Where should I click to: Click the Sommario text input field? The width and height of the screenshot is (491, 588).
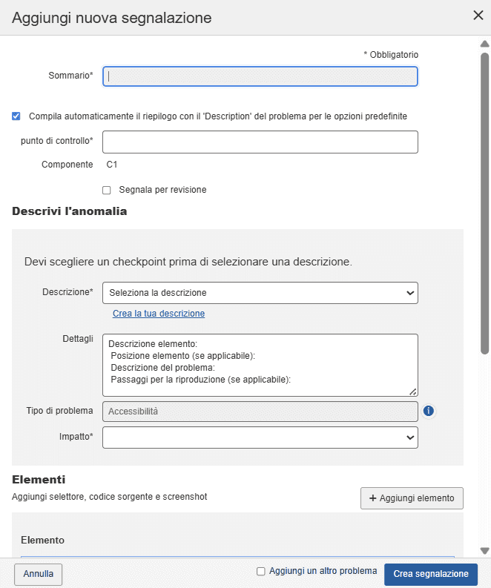point(260,76)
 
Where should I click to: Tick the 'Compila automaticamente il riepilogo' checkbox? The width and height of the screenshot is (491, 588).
point(16,116)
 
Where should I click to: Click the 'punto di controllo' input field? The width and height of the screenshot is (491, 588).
point(260,142)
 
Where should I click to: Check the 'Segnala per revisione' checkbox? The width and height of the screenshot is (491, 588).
point(107,190)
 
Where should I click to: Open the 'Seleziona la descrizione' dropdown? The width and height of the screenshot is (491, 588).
point(260,293)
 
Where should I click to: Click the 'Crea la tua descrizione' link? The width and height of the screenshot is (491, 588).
point(159,314)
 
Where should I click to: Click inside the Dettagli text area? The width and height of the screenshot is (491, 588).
point(260,364)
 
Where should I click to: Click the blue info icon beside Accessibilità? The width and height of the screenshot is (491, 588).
point(428,411)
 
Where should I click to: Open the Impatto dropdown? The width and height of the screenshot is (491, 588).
point(260,437)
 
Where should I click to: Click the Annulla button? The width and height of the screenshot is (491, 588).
point(39,574)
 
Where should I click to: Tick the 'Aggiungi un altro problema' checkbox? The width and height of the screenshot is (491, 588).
point(261,571)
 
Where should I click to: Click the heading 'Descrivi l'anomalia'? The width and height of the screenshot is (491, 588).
point(70,211)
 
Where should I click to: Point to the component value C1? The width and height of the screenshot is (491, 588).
point(112,165)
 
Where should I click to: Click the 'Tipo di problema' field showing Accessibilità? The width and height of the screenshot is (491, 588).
point(260,411)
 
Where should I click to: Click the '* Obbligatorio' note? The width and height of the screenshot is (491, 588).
point(391,55)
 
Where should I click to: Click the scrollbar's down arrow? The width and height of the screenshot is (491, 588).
point(485,551)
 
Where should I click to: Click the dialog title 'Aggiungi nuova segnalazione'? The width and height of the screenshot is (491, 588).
point(112,17)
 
